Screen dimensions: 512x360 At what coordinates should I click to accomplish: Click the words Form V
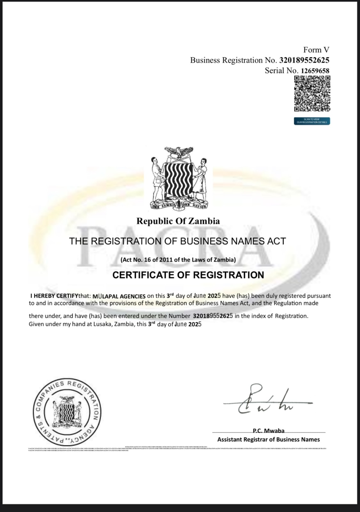click(x=316, y=50)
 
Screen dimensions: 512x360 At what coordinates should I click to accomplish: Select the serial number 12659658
click(x=315, y=71)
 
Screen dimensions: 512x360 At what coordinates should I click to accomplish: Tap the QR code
click(x=312, y=94)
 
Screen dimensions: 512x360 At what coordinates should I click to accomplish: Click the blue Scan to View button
click(x=312, y=121)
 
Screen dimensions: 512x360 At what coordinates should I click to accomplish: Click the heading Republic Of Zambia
click(x=178, y=221)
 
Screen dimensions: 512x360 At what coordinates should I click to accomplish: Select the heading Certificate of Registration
click(x=188, y=275)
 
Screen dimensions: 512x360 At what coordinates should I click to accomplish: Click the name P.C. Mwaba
click(x=268, y=431)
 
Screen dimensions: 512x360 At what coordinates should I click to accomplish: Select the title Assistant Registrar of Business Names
click(x=268, y=439)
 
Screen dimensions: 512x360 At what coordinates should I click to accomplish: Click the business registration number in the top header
click(x=304, y=60)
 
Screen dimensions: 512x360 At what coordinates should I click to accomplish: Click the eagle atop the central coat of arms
click(x=180, y=152)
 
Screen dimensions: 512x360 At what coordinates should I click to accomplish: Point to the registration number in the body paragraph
click(x=213, y=316)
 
